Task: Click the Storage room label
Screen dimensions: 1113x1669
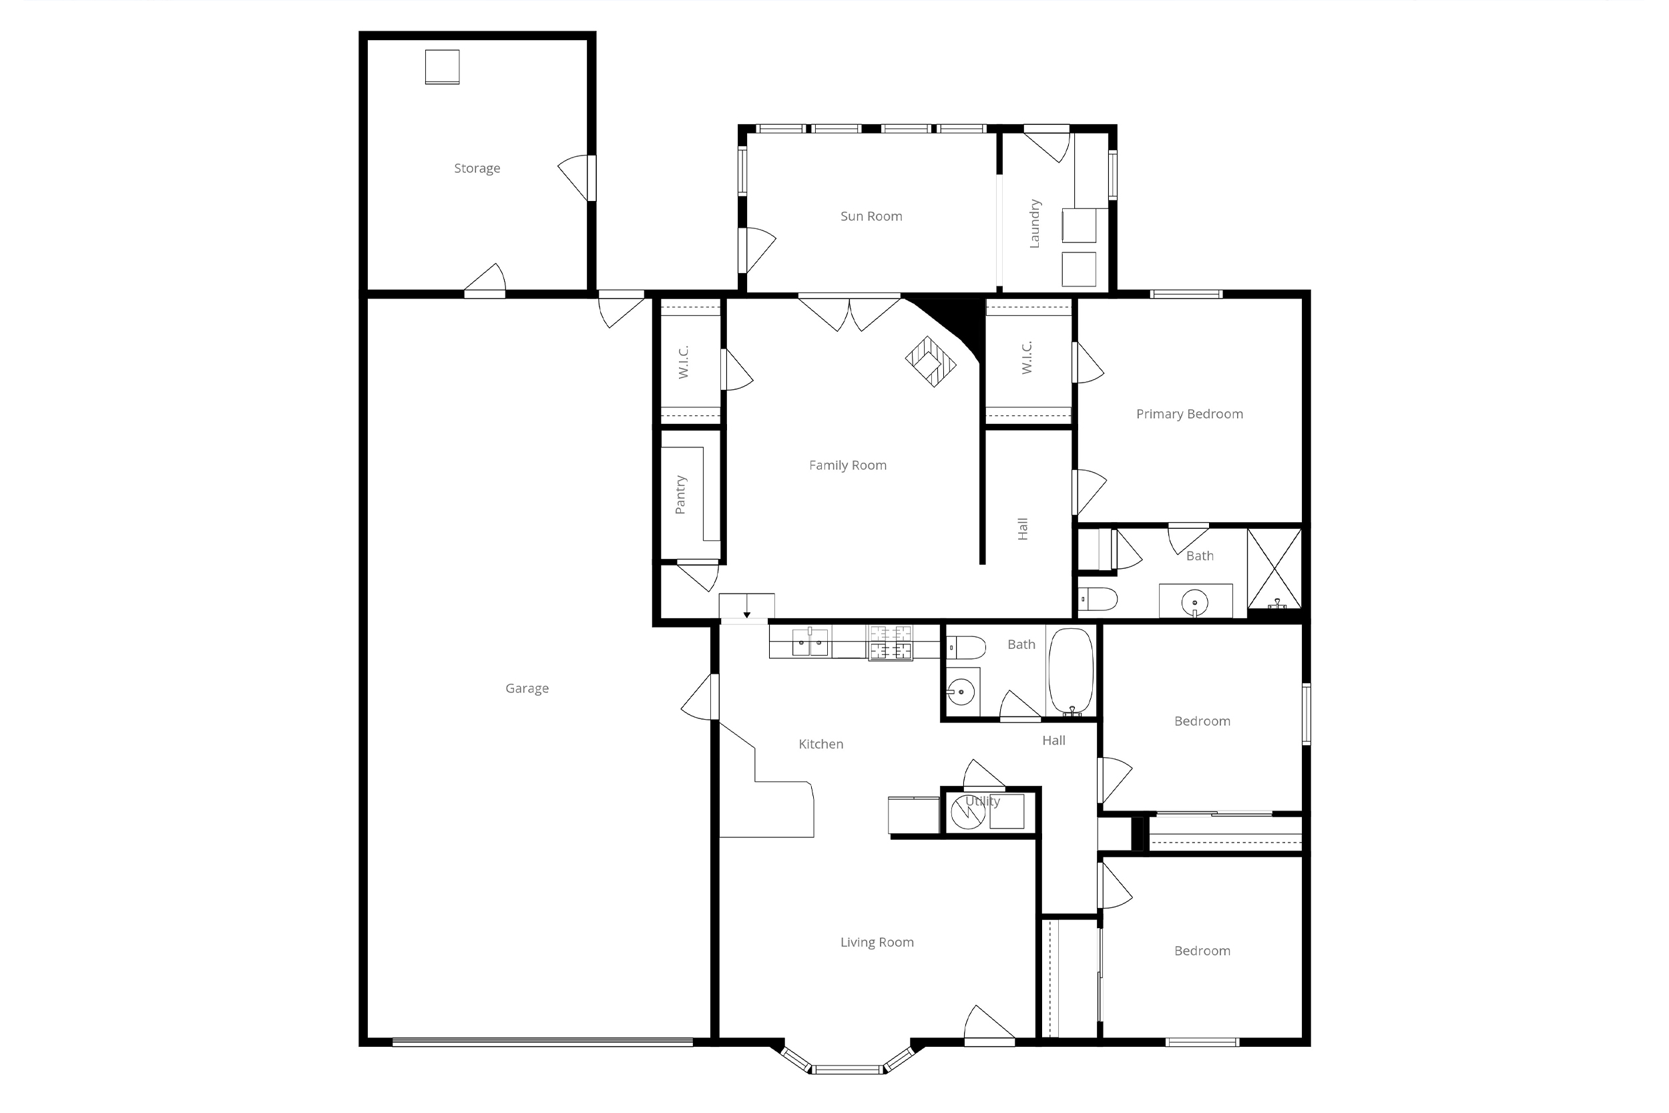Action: pyautogui.click(x=477, y=168)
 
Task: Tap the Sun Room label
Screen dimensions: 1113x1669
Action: pyautogui.click(x=871, y=216)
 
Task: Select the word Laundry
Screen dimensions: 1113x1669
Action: pyautogui.click(x=1035, y=224)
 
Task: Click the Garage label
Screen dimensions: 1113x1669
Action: pyautogui.click(x=527, y=688)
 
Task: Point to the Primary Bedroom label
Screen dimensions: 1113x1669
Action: pyautogui.click(x=1189, y=414)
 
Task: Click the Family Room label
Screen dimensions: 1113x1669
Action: pyautogui.click(x=847, y=465)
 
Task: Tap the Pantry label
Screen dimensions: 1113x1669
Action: pyautogui.click(x=680, y=495)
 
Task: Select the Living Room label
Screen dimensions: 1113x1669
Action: pyautogui.click(x=877, y=943)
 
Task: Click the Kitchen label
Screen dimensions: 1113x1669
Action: pyautogui.click(x=820, y=744)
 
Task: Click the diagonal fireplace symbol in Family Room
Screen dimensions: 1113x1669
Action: pyautogui.click(x=930, y=361)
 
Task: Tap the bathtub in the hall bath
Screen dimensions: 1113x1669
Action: pyautogui.click(x=1071, y=671)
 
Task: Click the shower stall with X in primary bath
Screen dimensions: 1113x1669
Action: pyautogui.click(x=1274, y=569)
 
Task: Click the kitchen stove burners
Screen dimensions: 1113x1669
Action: pyautogui.click(x=890, y=642)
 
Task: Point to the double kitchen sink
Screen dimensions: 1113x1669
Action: pyautogui.click(x=810, y=642)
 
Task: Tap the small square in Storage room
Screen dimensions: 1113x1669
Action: pyautogui.click(x=442, y=67)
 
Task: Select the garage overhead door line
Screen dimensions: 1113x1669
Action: pyautogui.click(x=542, y=1042)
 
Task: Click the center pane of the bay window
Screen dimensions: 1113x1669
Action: pyautogui.click(x=847, y=1070)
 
